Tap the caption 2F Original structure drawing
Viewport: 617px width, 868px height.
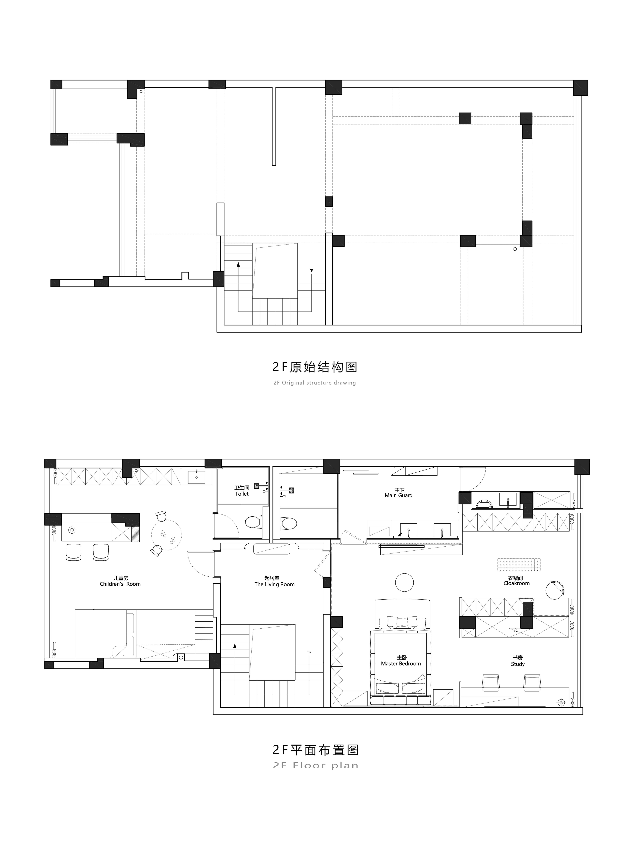(315, 383)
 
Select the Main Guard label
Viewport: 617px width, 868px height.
(399, 492)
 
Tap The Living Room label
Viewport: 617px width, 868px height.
(274, 581)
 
